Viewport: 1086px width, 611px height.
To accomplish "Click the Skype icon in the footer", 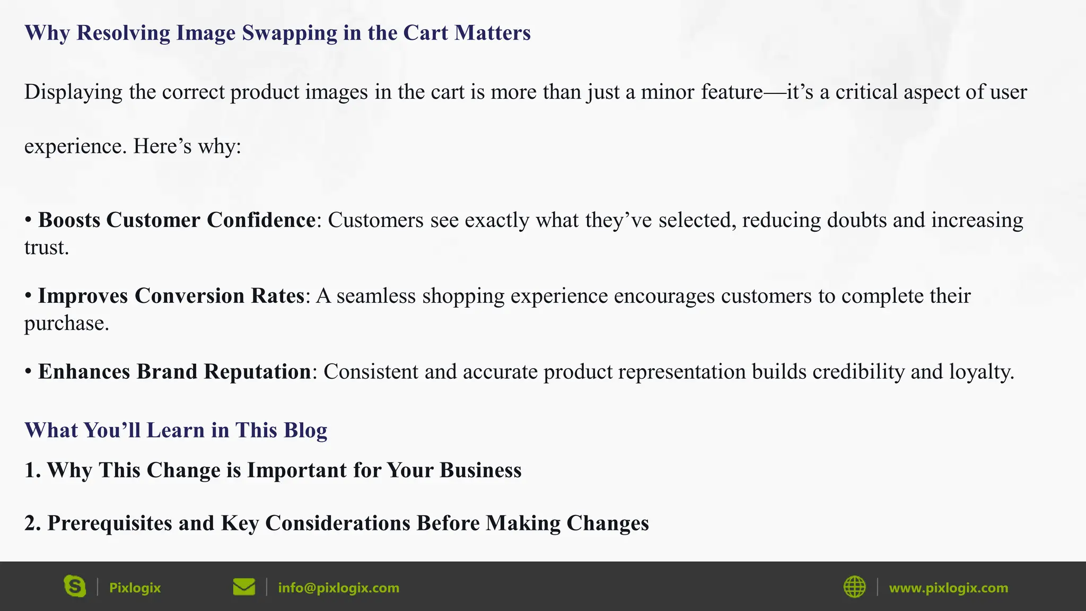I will [75, 587].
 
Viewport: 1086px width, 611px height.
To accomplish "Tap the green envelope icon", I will [244, 587].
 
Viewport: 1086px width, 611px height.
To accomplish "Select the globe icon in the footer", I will [854, 587].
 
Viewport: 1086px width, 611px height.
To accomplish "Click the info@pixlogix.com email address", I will [338, 588].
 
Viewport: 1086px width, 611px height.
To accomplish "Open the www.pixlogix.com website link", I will [948, 588].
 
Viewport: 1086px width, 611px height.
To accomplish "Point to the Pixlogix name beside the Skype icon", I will [135, 588].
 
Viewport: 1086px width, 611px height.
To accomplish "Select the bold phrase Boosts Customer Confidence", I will [177, 220].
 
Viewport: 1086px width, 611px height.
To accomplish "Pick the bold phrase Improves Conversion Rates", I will [171, 296].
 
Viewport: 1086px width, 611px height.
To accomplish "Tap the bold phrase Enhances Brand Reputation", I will [174, 372].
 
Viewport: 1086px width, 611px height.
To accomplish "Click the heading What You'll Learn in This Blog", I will [176, 430].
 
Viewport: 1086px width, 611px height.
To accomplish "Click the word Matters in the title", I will [492, 33].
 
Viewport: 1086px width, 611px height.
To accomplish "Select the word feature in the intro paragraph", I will [732, 92].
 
